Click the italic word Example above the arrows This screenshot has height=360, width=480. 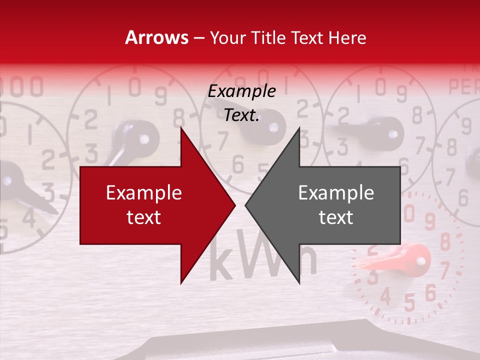click(x=241, y=91)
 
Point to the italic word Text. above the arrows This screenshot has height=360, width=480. click(x=241, y=115)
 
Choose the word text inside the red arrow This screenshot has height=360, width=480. click(x=143, y=217)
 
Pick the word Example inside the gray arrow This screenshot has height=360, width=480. click(x=336, y=193)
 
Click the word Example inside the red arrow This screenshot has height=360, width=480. click(x=143, y=193)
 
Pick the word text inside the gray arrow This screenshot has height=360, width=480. click(x=336, y=217)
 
